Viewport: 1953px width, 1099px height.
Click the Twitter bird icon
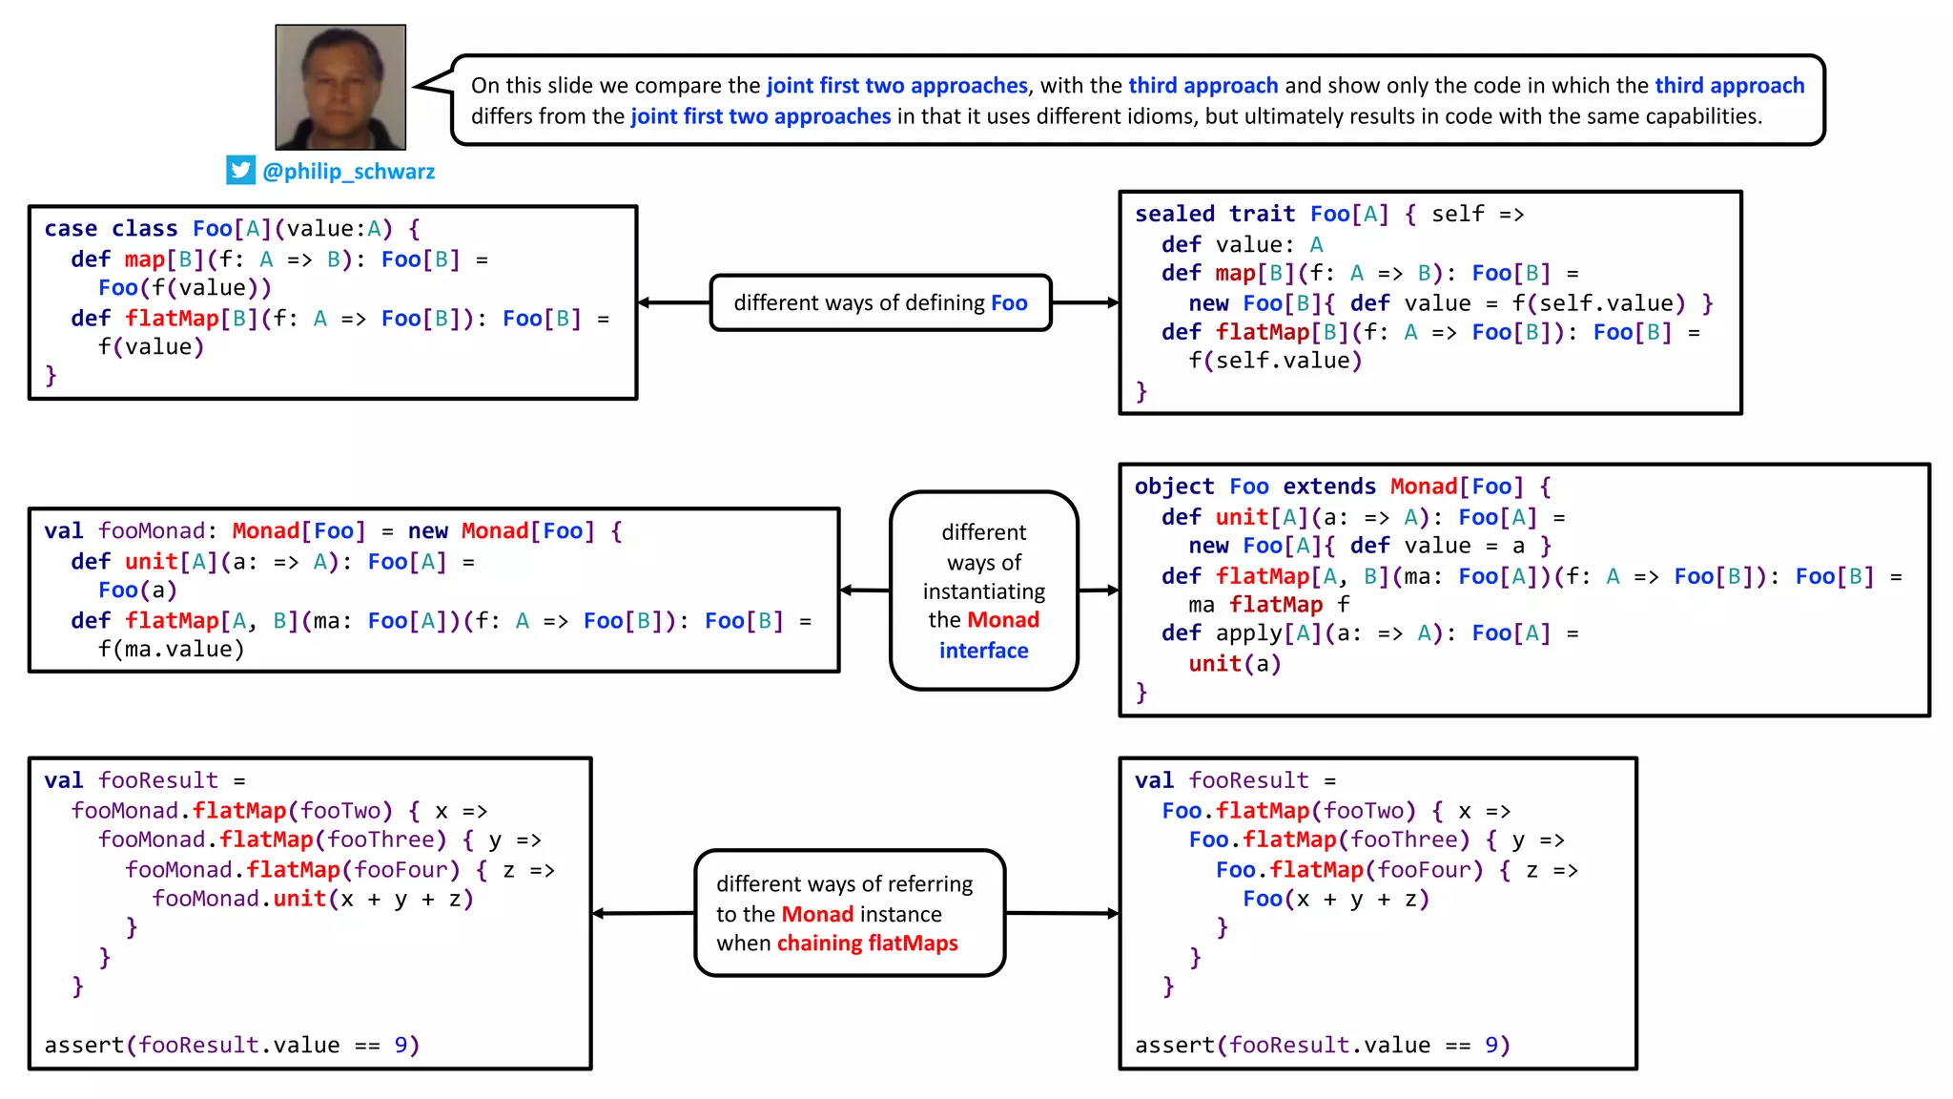coord(240,170)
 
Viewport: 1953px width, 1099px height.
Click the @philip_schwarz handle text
coord(348,172)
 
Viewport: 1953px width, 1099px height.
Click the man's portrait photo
coord(340,87)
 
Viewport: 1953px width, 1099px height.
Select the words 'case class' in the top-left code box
coord(111,229)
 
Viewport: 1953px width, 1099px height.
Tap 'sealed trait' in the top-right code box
coord(1214,214)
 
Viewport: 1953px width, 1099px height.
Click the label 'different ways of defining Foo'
coord(880,303)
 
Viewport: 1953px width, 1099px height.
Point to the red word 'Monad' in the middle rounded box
coord(1002,620)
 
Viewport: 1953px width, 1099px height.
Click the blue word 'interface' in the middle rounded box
coord(983,651)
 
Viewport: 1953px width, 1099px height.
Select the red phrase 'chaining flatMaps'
coord(867,943)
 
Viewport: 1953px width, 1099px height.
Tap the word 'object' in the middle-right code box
coord(1174,487)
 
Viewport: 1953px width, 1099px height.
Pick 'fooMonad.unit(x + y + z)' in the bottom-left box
coord(312,899)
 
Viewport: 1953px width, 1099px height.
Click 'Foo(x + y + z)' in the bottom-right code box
coord(1335,899)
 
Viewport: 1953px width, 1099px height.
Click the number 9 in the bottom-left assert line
coord(401,1046)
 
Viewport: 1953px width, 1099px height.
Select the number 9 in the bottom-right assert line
coord(1491,1046)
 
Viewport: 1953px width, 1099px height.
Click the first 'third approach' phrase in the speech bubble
coord(1203,86)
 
